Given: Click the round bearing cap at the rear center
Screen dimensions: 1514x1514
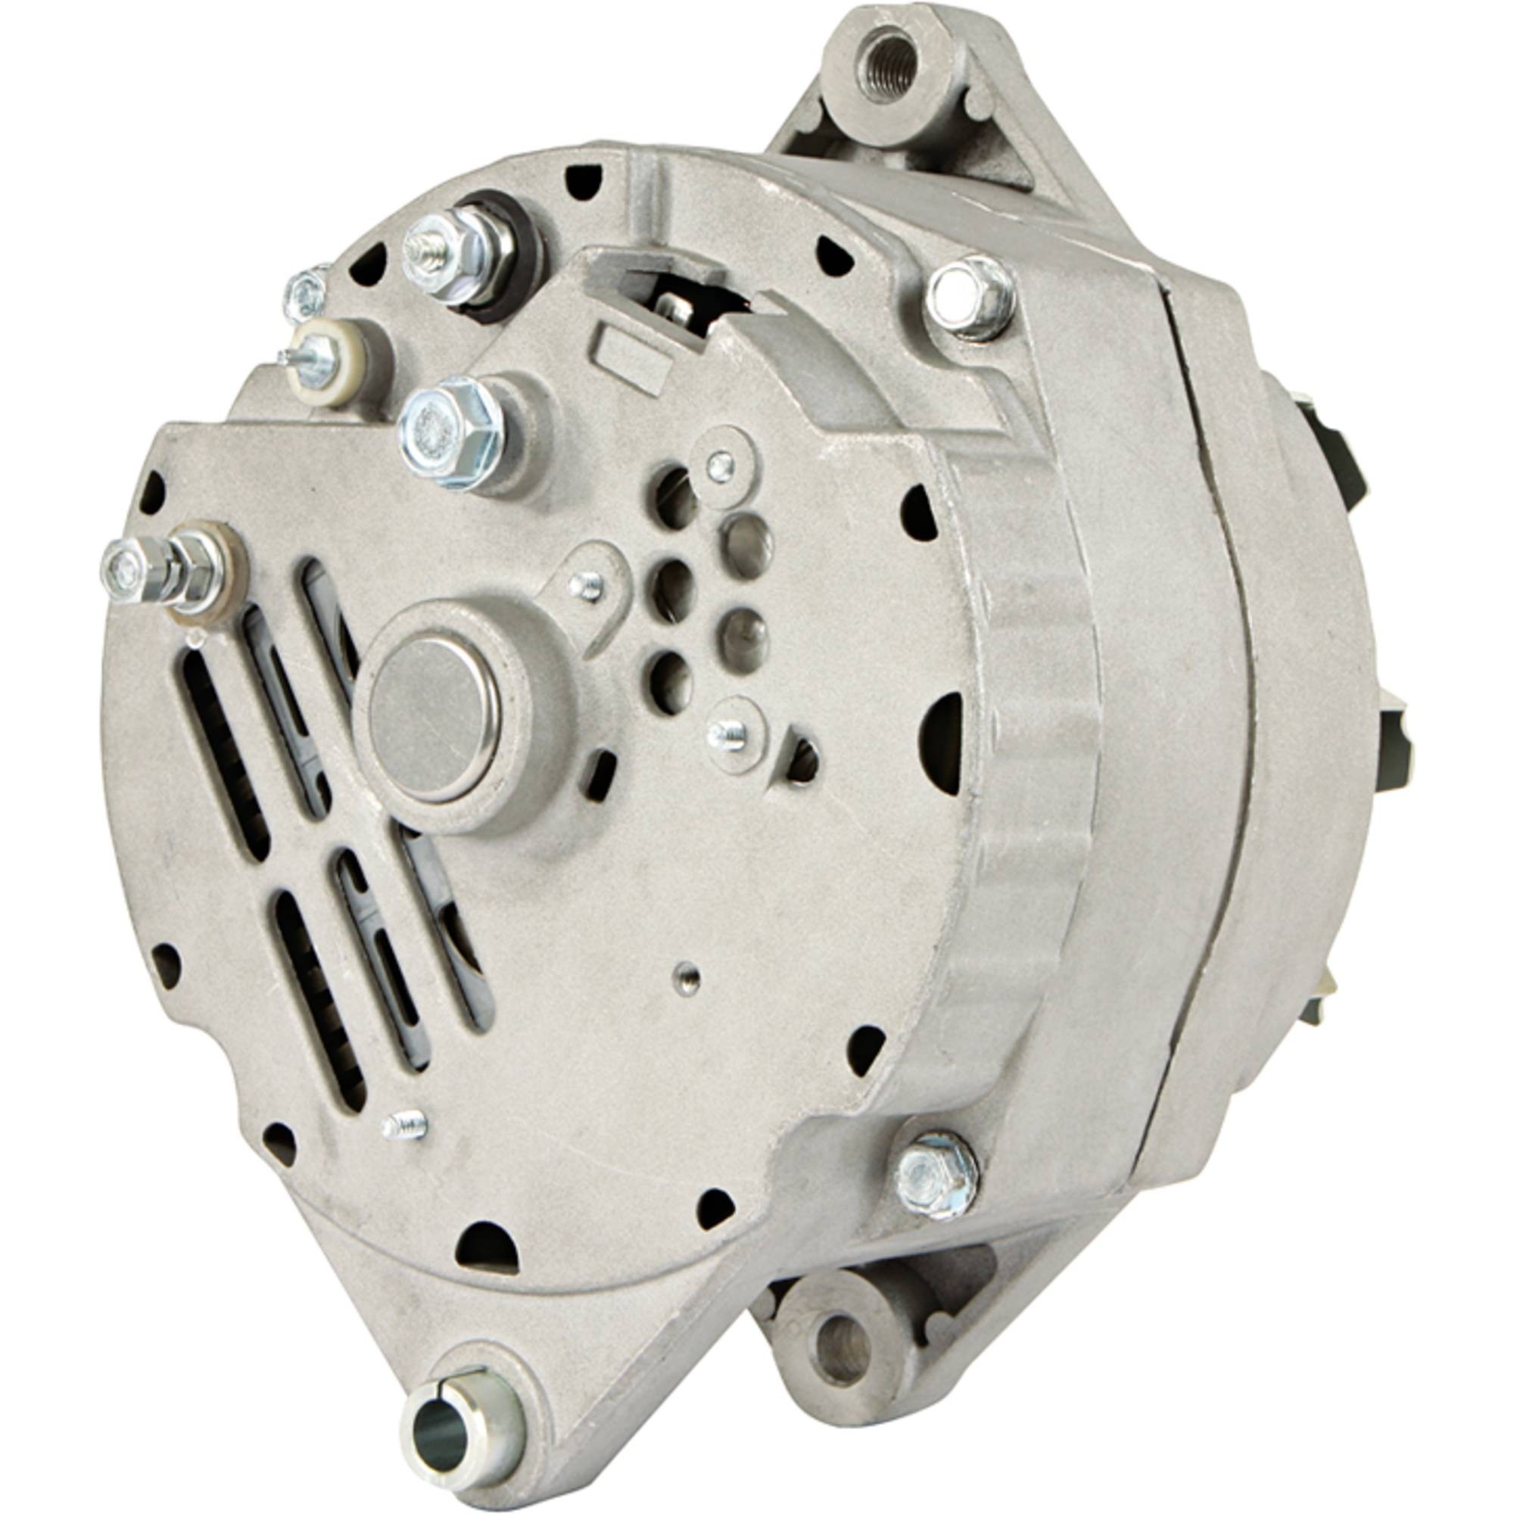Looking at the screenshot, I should tap(435, 717).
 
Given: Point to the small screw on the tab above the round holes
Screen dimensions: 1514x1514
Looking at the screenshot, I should tap(718, 466).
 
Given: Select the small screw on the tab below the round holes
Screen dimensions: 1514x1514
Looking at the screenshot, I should tap(726, 733).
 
